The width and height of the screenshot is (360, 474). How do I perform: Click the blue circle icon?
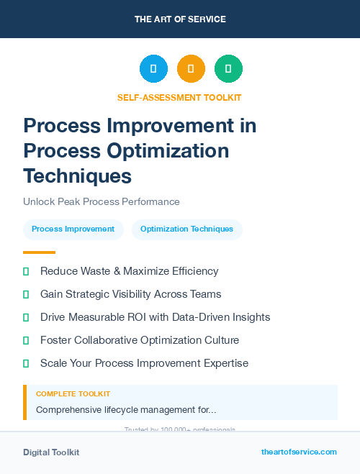tap(153, 69)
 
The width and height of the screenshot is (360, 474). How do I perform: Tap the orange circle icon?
tap(191, 69)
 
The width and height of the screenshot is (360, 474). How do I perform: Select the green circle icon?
tap(228, 69)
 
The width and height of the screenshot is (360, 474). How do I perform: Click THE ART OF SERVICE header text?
tap(180, 19)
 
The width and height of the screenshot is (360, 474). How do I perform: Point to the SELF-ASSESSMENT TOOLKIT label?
tap(179, 97)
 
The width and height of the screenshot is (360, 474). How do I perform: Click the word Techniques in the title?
tap(77, 176)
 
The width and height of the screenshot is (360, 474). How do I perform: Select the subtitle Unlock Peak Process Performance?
tap(101, 201)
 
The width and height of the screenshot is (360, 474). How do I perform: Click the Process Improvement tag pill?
tap(73, 229)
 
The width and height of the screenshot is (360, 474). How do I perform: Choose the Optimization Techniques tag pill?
tap(186, 229)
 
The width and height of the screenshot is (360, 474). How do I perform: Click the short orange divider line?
tap(39, 252)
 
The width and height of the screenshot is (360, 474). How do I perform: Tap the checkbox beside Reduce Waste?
tap(26, 271)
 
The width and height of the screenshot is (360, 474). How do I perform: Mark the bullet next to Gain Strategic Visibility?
tap(26, 294)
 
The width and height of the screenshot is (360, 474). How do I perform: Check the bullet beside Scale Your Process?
tap(26, 363)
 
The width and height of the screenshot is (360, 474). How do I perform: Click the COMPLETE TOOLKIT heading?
tap(73, 394)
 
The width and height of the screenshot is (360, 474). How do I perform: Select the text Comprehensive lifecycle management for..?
tap(126, 410)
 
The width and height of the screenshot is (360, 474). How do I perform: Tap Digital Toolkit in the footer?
tap(51, 452)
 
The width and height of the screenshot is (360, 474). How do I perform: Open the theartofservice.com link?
tap(299, 452)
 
